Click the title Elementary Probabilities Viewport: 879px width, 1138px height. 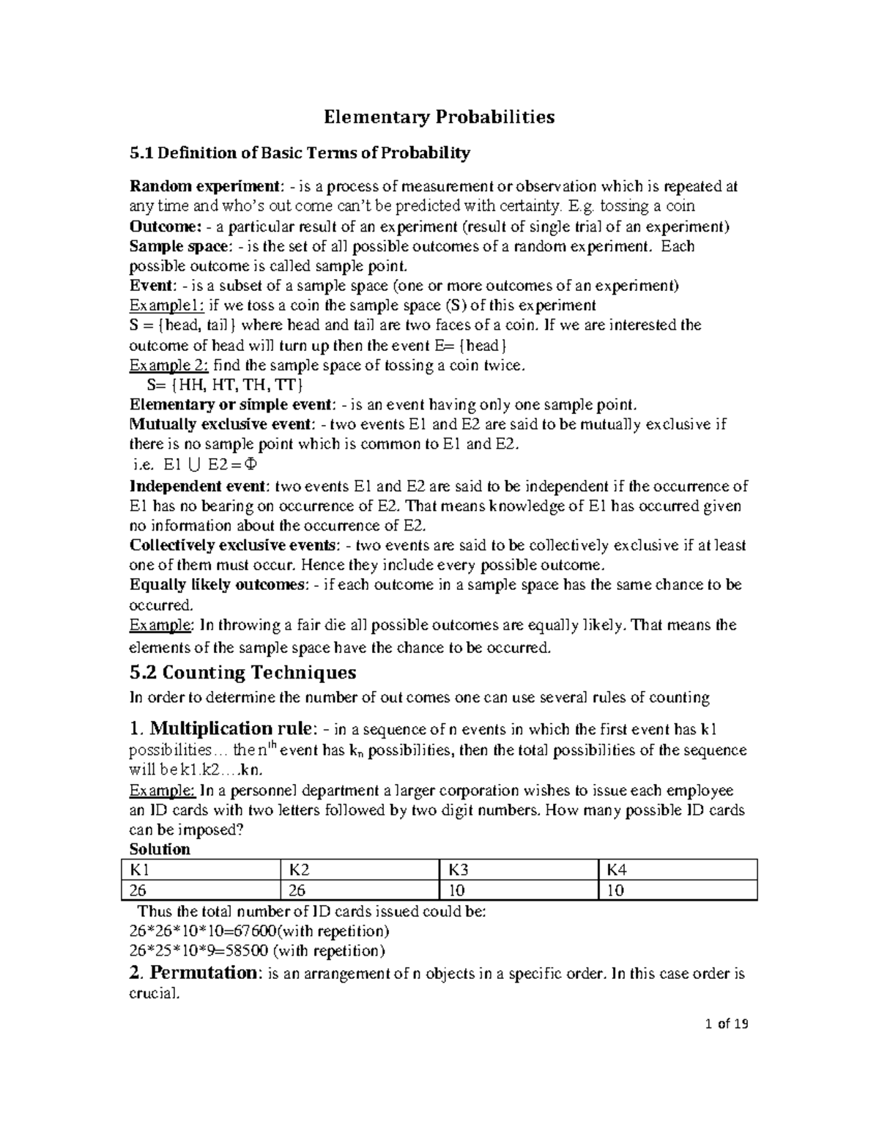tap(439, 117)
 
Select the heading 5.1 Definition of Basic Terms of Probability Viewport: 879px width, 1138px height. tap(300, 153)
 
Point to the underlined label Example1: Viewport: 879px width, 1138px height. tap(162, 305)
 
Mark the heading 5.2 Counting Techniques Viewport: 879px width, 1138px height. tap(242, 672)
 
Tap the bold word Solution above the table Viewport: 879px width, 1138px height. tap(160, 849)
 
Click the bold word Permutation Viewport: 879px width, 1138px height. tap(201, 973)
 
